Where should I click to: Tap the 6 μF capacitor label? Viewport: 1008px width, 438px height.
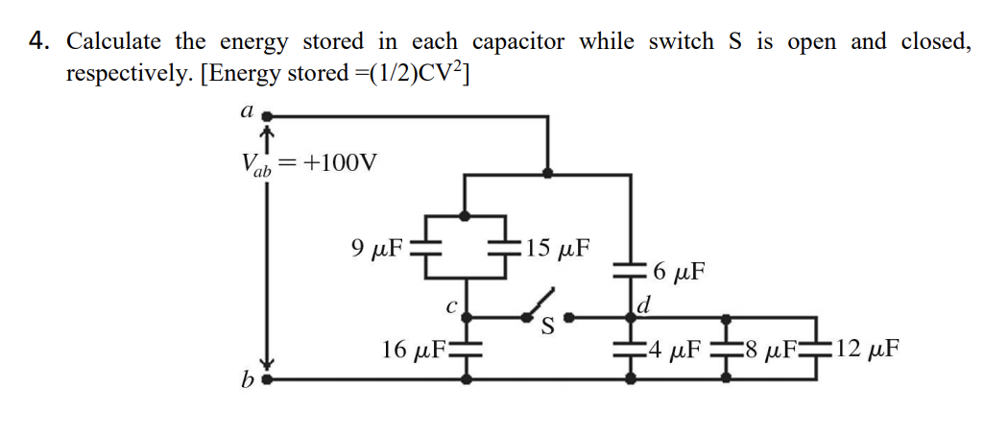point(678,273)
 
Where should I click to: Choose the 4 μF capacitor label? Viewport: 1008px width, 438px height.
point(679,350)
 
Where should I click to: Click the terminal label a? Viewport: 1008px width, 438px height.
point(246,111)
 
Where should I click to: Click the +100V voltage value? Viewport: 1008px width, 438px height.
point(341,162)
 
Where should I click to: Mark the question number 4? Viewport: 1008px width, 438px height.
point(39,42)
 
